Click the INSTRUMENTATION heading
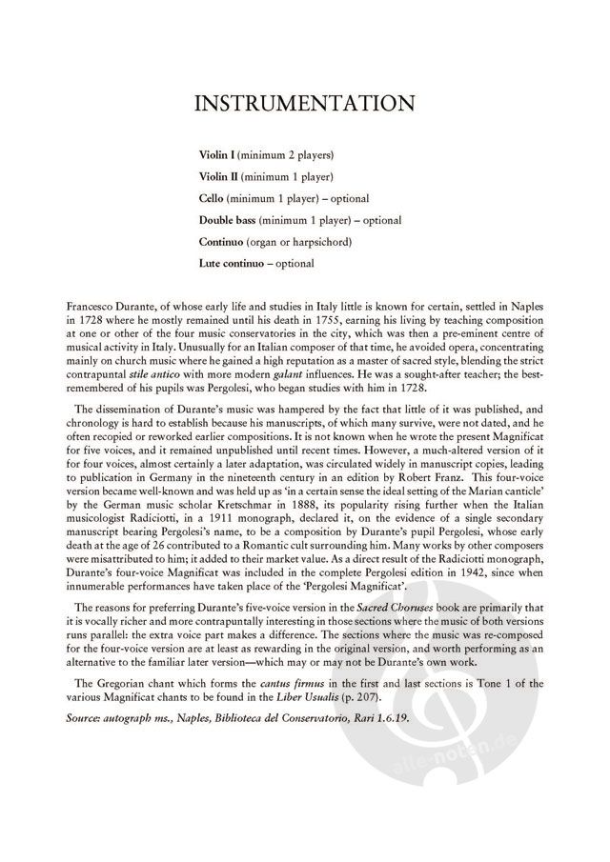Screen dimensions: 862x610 click(304, 103)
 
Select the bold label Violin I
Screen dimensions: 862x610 click(216, 154)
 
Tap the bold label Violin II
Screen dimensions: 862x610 click(218, 176)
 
